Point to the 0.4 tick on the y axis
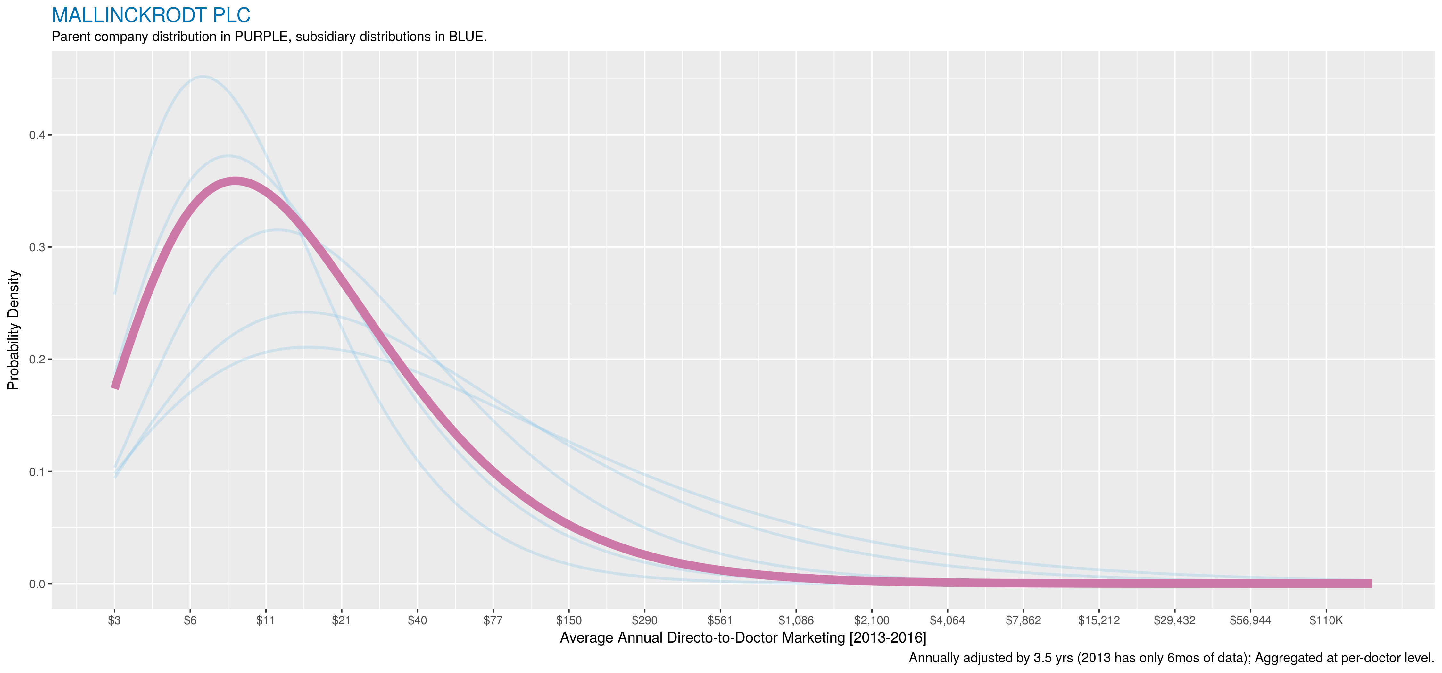tap(37, 135)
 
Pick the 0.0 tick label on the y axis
tap(37, 584)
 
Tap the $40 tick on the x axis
tap(417, 620)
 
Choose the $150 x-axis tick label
tap(569, 620)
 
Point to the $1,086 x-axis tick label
tap(796, 620)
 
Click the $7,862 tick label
tap(1023, 620)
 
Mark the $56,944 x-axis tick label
tap(1250, 620)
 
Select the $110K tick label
tap(1326, 620)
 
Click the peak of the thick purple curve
tap(235, 181)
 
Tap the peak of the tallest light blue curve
tap(202, 77)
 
